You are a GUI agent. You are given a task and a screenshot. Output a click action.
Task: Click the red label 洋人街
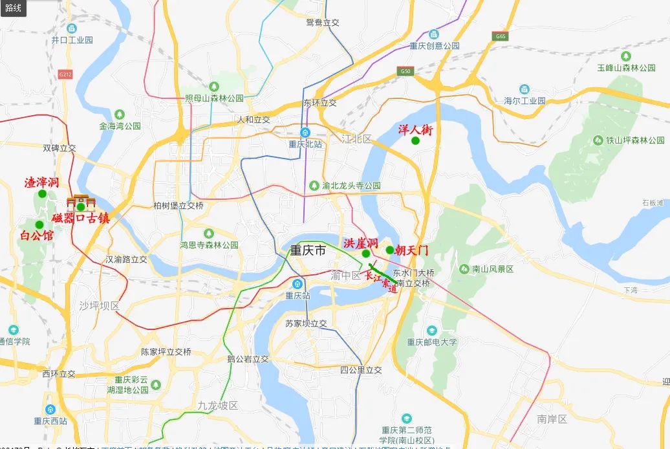(x=415, y=129)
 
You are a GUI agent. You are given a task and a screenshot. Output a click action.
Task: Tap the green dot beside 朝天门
(x=389, y=250)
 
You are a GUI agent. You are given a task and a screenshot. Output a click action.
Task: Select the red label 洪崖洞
(x=361, y=243)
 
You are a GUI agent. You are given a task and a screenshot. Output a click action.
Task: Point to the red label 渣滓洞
(x=42, y=182)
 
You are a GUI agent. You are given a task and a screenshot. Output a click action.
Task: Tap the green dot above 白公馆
(x=39, y=224)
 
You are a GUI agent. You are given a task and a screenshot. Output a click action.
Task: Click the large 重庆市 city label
(x=308, y=250)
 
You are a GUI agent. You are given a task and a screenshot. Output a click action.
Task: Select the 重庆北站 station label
(x=305, y=144)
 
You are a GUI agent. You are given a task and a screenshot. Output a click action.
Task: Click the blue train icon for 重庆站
(x=298, y=284)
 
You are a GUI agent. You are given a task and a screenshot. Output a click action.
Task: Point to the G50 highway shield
(x=405, y=71)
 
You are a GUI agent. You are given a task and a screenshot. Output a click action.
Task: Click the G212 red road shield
(x=65, y=74)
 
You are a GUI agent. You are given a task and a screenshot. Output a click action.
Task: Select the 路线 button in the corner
(x=13, y=8)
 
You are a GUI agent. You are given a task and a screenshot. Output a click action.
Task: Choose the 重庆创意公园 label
(x=434, y=46)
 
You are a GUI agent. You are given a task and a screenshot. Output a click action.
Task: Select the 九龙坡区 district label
(x=218, y=405)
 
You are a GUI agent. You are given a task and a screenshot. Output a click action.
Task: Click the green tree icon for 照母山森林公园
(x=214, y=86)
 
